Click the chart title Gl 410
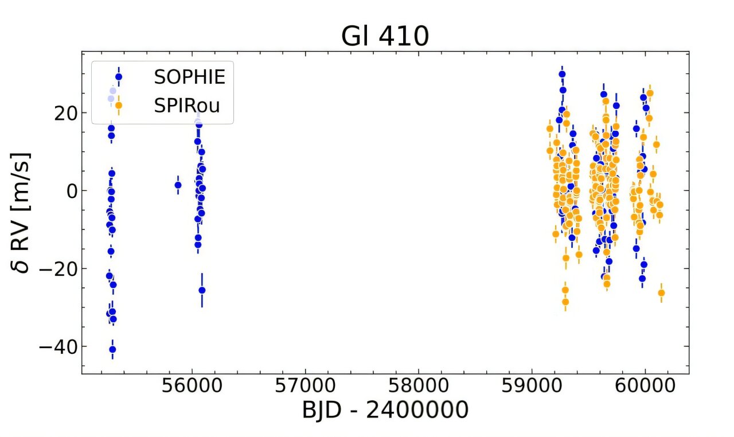tap(385, 37)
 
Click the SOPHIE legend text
tap(189, 77)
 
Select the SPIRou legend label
tap(186, 105)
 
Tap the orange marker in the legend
tap(119, 105)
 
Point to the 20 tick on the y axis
tap(64, 113)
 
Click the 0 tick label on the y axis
tap(71, 191)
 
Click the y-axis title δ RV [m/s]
tap(23, 213)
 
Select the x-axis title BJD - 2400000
tap(385, 411)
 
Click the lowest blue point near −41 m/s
tap(112, 349)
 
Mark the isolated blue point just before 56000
tap(178, 185)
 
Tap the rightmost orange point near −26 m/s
tap(661, 293)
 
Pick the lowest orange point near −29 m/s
tap(565, 302)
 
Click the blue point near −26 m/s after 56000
tap(202, 290)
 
